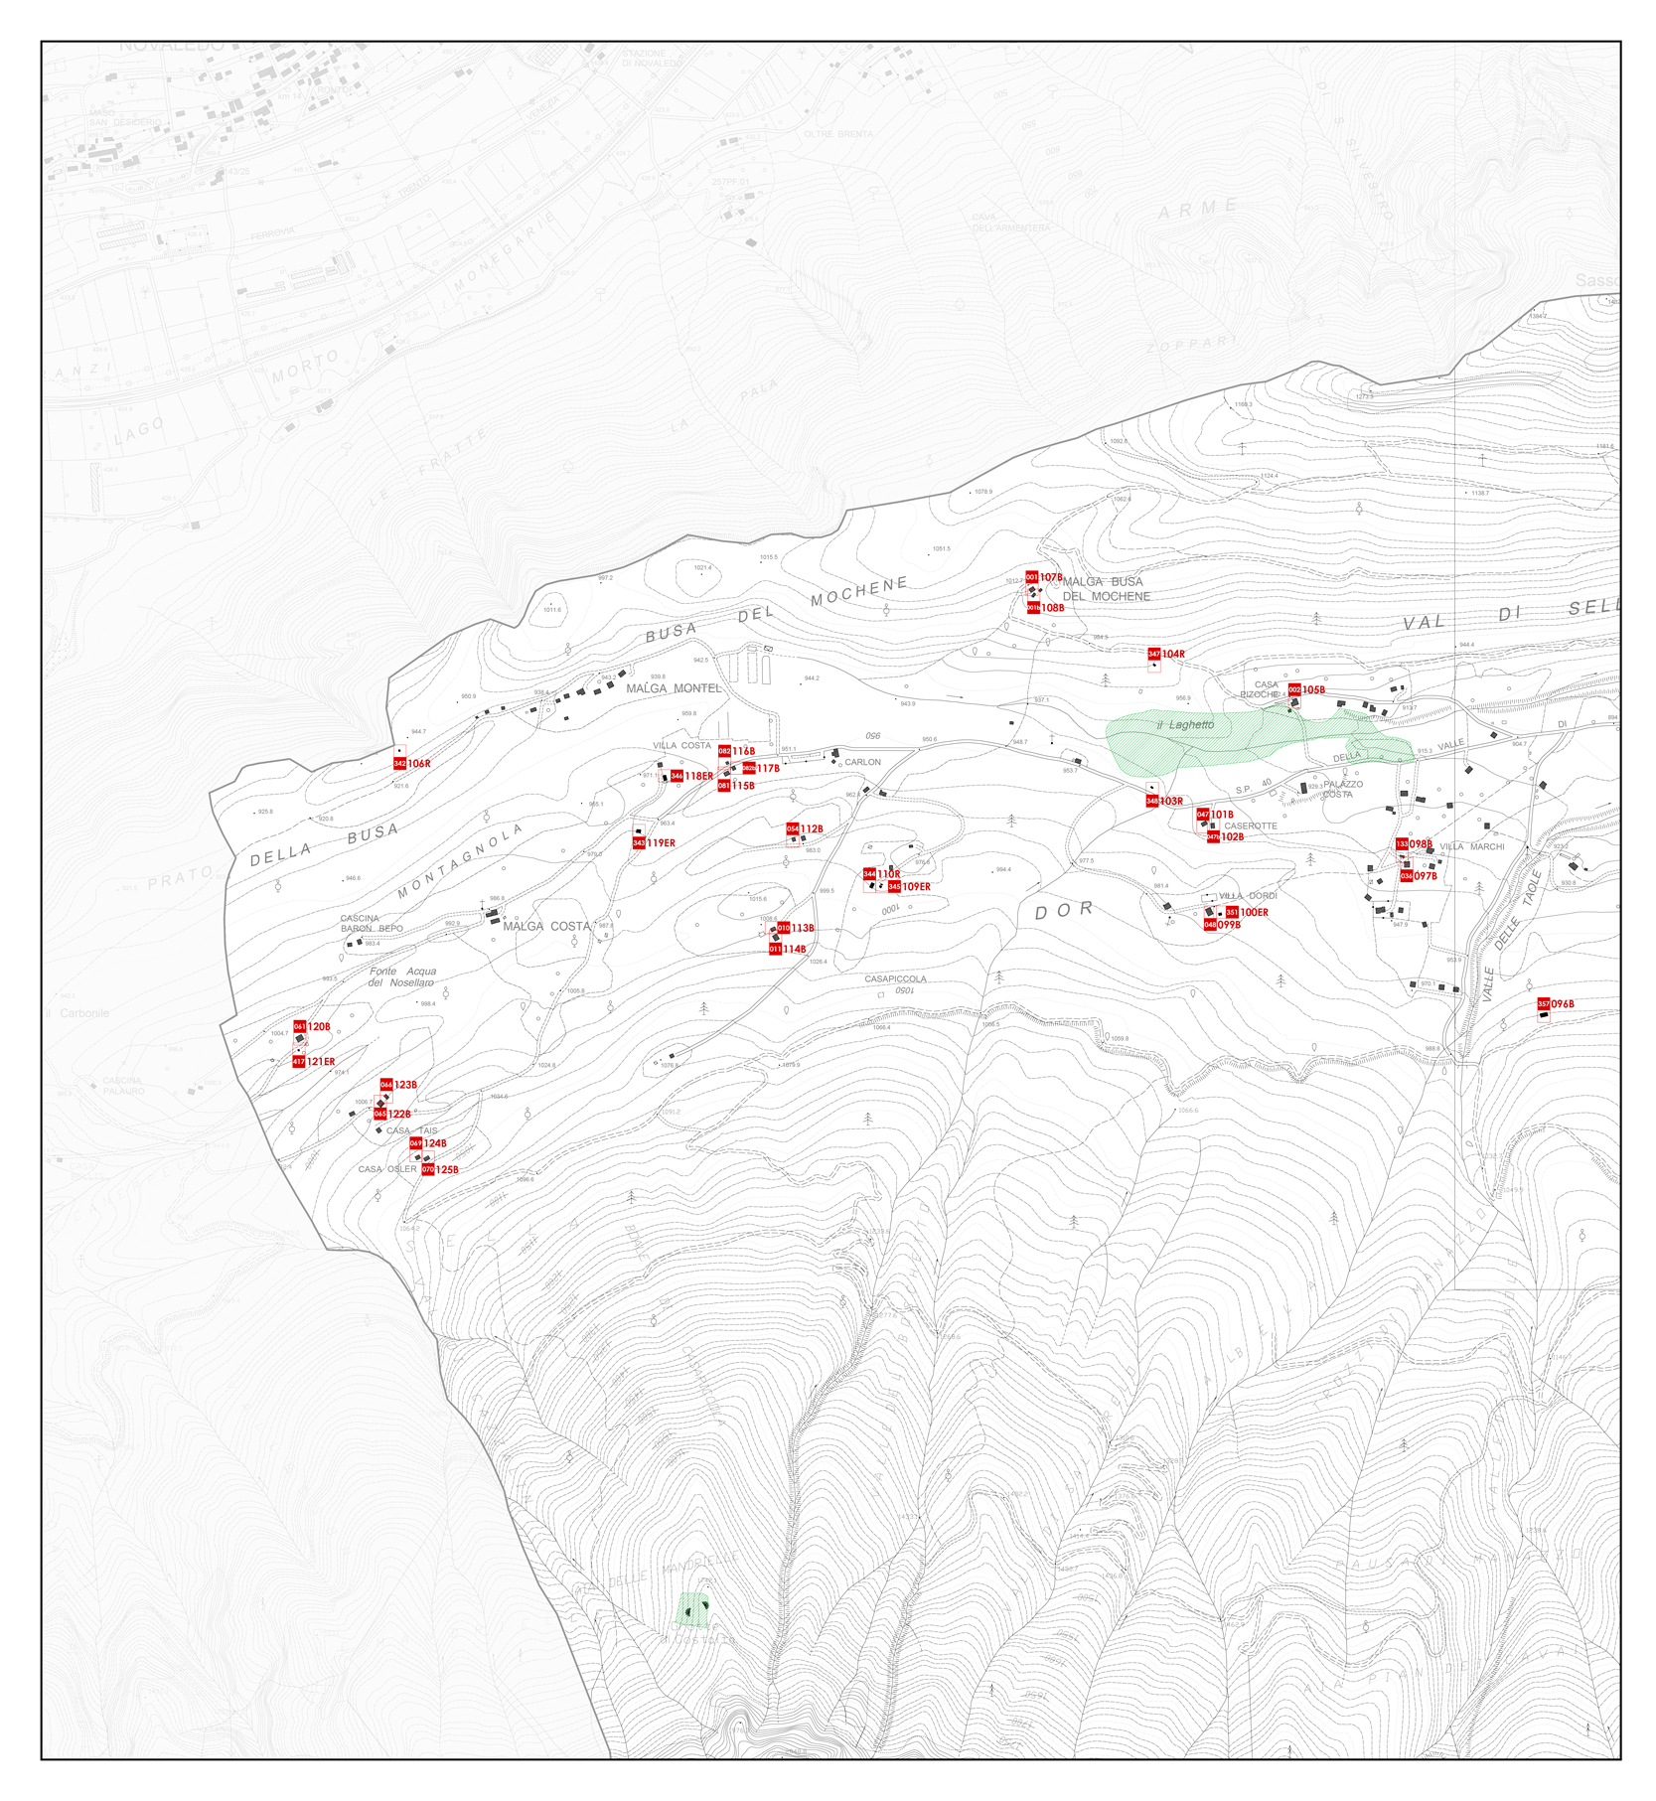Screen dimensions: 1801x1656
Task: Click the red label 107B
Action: tap(1050, 577)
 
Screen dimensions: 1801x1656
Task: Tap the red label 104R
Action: tap(1172, 654)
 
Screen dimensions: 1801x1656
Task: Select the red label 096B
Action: tap(1562, 1004)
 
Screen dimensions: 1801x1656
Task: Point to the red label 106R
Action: tap(418, 764)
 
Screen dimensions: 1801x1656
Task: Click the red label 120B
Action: tap(318, 1027)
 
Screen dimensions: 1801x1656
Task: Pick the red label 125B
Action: tap(446, 1170)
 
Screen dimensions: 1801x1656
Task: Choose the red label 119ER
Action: tap(660, 843)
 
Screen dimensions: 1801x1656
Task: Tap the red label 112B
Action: tap(811, 829)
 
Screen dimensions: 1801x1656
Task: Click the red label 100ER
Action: tap(1253, 913)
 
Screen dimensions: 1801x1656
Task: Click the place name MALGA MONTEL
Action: tap(674, 688)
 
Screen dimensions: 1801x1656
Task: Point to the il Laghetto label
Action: tap(1185, 725)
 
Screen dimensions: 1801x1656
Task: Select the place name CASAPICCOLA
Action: tap(895, 979)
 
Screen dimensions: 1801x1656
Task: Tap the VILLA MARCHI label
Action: tap(1471, 847)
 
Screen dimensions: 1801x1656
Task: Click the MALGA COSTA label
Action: tap(546, 927)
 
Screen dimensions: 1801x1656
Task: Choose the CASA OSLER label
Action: tap(387, 1170)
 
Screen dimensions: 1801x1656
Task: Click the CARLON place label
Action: tap(862, 763)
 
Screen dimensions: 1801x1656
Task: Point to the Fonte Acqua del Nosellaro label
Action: tap(402, 977)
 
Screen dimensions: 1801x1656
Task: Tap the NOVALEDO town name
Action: tap(172, 47)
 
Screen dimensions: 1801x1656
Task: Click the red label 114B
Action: tap(793, 950)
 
